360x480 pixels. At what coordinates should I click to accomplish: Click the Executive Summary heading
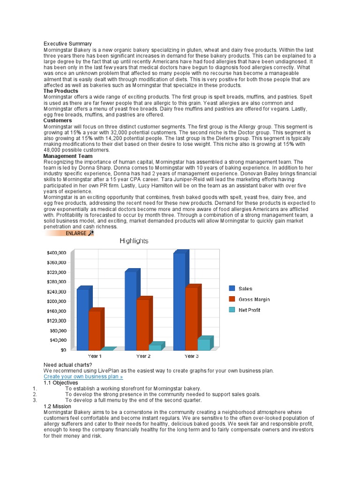[x=67, y=44]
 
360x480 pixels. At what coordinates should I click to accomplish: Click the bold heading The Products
[x=61, y=91]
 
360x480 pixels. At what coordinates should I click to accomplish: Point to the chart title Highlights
[x=134, y=241]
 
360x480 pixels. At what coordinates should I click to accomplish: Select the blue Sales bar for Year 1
[x=82, y=319]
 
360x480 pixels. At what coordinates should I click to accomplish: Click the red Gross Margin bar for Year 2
[x=142, y=324]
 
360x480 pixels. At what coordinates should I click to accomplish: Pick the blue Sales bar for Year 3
[x=179, y=301]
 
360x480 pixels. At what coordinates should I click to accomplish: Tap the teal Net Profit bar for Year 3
[x=204, y=344]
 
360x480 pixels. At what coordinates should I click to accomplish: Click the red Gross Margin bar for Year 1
[x=94, y=330]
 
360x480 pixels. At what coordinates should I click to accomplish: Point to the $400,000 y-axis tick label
[x=56, y=253]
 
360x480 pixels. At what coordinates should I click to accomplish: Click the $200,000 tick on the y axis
[x=56, y=301]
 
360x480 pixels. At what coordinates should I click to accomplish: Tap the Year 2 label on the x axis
[x=143, y=356]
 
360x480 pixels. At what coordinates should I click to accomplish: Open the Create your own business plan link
[x=83, y=376]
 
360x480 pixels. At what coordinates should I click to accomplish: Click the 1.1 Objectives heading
[x=60, y=382]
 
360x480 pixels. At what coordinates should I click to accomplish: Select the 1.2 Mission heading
[x=57, y=406]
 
